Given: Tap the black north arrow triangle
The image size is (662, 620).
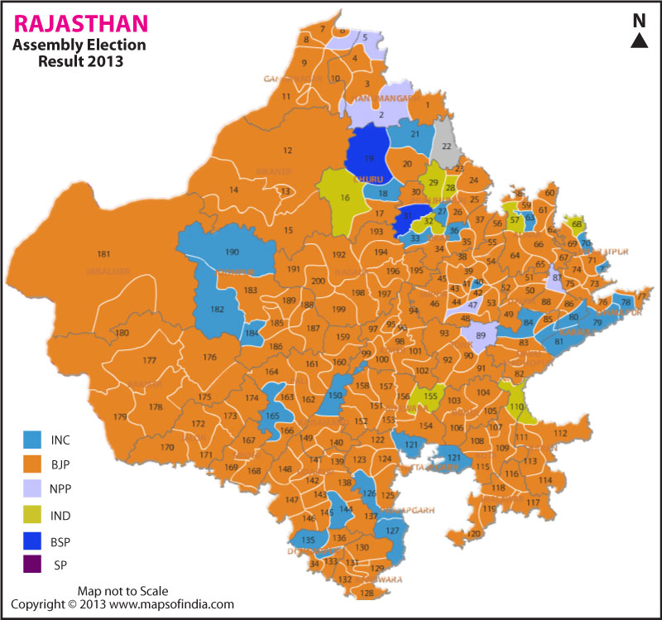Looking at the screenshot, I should pyautogui.click(x=639, y=41).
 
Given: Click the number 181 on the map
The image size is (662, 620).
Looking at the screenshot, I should pyautogui.click(x=103, y=253).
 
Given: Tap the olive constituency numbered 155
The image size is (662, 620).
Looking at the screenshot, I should pyautogui.click(x=430, y=396).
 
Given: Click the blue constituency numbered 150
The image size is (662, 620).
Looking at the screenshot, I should pyautogui.click(x=334, y=395).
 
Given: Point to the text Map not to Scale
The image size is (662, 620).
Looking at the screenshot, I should pyautogui.click(x=122, y=591).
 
